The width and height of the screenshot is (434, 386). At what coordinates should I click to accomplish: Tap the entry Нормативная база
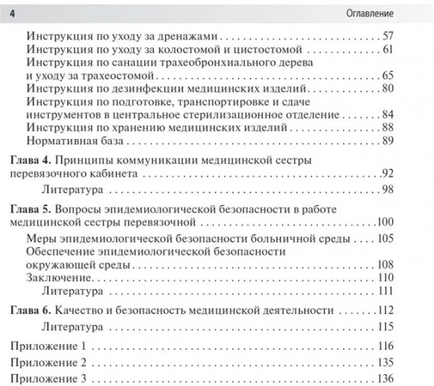[x=75, y=141]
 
